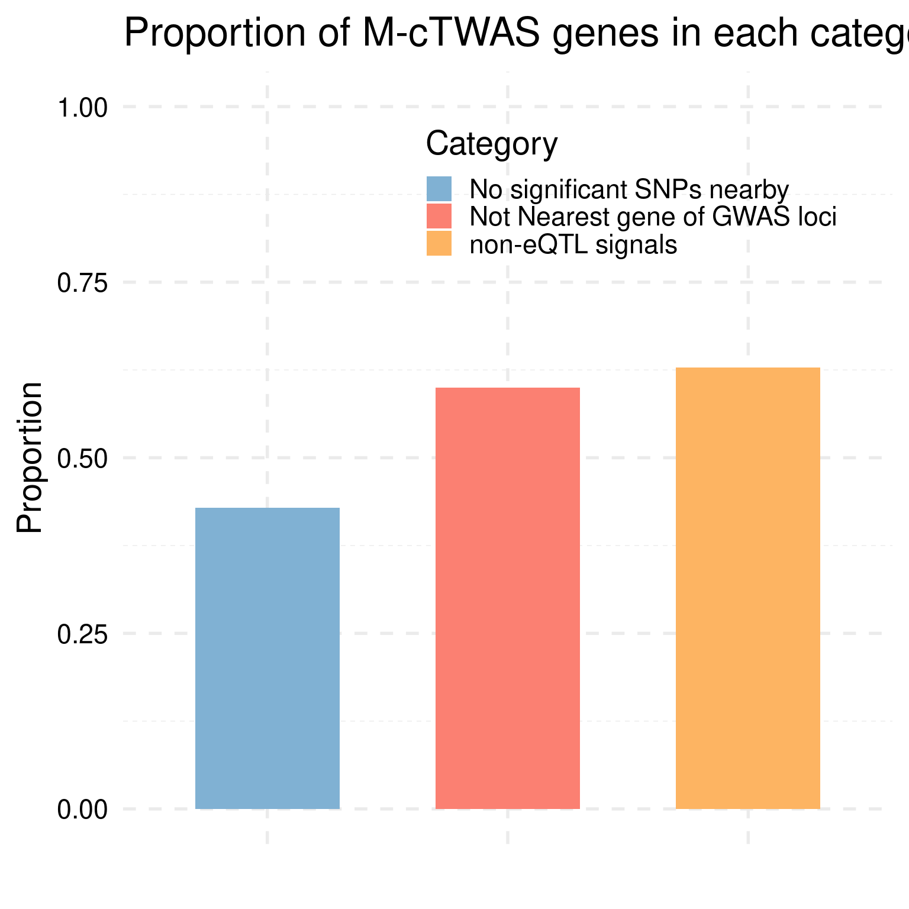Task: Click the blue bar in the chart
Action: click(x=267, y=658)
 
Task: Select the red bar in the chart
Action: click(x=508, y=598)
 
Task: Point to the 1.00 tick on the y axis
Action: click(x=82, y=108)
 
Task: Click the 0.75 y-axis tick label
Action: click(x=82, y=283)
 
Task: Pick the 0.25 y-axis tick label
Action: click(x=82, y=634)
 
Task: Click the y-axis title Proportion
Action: click(x=30, y=458)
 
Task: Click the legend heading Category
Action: click(x=492, y=144)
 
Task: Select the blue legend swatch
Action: click(x=439, y=189)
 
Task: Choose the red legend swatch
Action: click(x=439, y=217)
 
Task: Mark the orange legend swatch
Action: click(x=439, y=243)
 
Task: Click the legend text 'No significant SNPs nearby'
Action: click(x=629, y=190)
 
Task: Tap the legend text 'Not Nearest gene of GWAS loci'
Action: click(x=653, y=217)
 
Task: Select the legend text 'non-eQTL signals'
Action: click(x=573, y=244)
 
